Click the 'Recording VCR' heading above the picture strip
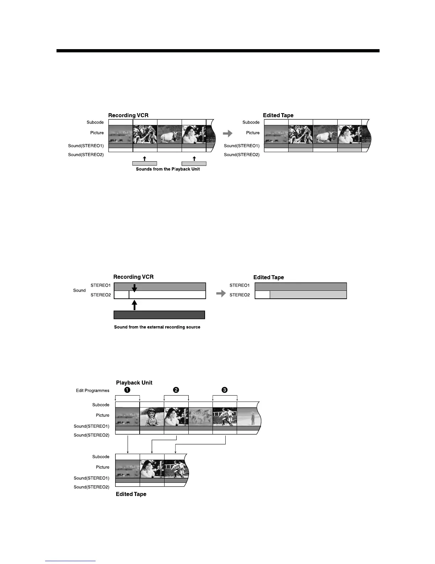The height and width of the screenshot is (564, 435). coord(128,115)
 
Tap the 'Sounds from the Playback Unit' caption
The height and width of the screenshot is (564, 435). coord(168,169)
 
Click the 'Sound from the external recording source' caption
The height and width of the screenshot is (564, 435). coord(157,327)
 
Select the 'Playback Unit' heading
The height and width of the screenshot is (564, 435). coord(134,383)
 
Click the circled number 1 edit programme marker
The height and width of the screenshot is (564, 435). coord(127,390)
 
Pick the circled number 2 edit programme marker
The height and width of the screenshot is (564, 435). coord(176,390)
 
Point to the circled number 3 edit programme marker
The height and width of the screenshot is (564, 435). coord(225,390)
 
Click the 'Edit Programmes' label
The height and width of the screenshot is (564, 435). coord(93,391)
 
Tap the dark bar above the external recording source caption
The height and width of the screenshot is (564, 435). coord(159,315)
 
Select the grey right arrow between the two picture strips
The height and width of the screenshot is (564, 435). coord(227,134)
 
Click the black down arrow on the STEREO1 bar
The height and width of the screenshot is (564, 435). coord(134,288)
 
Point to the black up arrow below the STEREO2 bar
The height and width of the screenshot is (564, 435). coord(134,305)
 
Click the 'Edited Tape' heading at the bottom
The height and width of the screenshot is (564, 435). coord(131,494)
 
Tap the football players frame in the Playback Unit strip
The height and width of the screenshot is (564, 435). coord(225,417)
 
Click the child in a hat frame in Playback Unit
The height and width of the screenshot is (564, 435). coord(152,417)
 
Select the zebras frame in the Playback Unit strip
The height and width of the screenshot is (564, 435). coord(200,417)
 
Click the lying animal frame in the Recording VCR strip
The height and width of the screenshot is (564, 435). coord(170,134)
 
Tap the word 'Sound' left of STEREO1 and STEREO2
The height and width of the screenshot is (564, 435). coord(79,291)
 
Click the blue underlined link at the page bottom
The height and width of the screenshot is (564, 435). coord(71,561)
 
